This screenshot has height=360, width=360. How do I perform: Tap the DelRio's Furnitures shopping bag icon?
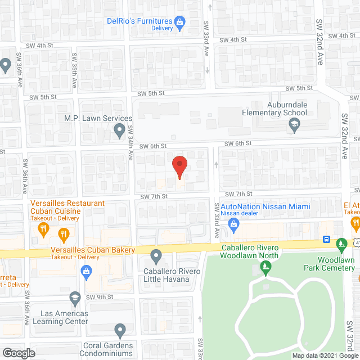coord(180,23)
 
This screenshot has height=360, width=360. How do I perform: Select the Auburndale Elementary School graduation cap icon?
coord(294,127)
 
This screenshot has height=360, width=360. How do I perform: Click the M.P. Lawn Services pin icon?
coord(119,132)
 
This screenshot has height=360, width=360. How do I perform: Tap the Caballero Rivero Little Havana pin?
coord(157,257)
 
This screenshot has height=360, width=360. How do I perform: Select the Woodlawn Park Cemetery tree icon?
coord(341,245)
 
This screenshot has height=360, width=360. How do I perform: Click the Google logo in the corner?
coord(19,353)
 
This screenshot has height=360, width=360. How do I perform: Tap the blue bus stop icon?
coord(327,239)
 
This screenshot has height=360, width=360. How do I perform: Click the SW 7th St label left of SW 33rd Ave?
coord(154,196)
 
